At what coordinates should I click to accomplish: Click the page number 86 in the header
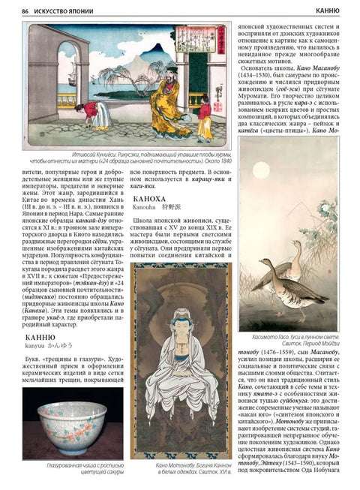pyautogui.click(x=25, y=11)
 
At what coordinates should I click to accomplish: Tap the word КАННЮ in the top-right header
pyautogui.click(x=332, y=11)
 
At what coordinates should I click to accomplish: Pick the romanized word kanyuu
pyautogui.click(x=28, y=350)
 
